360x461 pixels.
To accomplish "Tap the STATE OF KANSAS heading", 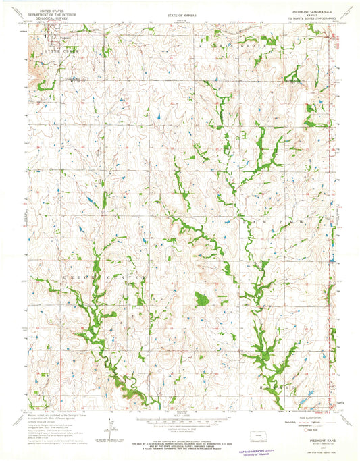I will click(180, 12).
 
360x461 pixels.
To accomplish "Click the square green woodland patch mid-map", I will click(201, 298).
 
